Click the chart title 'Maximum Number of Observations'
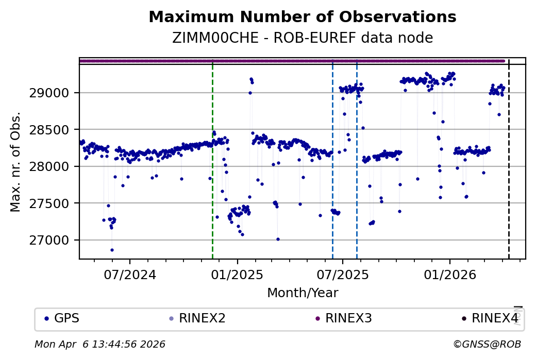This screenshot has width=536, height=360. [x=302, y=17]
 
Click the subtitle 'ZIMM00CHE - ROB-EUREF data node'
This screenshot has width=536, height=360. [x=302, y=38]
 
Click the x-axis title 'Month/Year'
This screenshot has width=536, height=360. [x=303, y=293]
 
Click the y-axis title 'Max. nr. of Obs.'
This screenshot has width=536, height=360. [x=15, y=162]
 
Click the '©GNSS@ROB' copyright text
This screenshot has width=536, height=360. [x=487, y=344]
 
